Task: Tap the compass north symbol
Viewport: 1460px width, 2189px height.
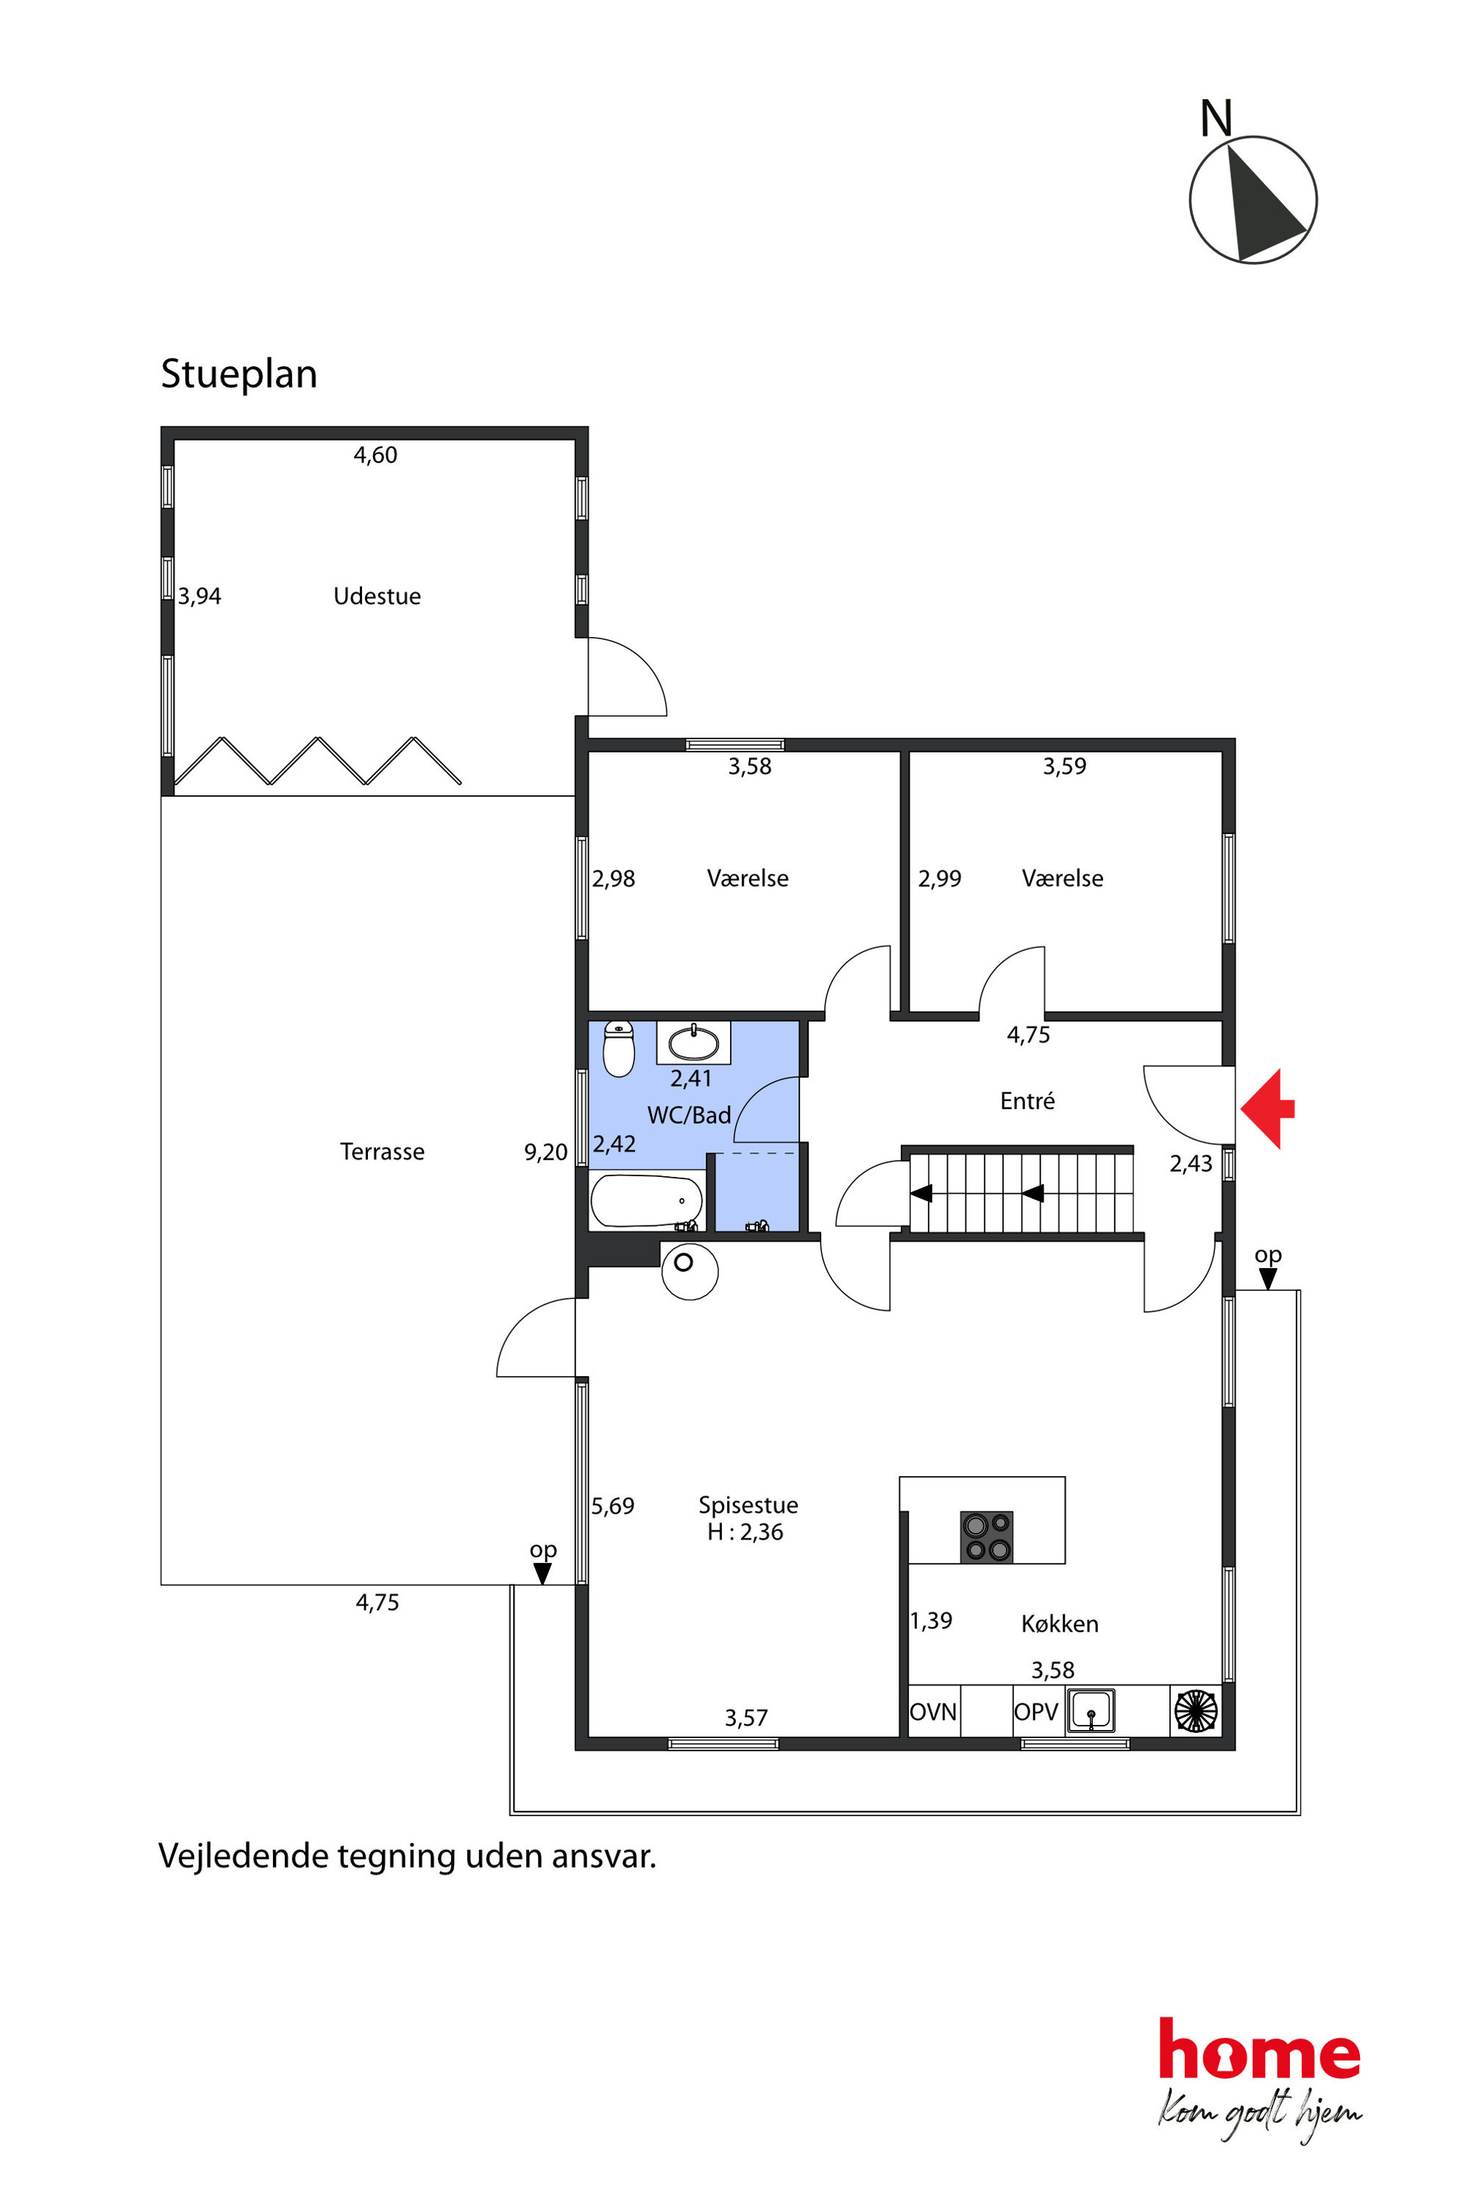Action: (1253, 199)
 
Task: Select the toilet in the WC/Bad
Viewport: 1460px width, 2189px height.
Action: (619, 1048)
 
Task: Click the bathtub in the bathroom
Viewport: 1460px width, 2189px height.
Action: (647, 1200)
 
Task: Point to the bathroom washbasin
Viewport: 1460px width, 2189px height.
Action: (694, 1042)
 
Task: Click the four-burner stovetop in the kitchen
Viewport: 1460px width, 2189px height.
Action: (987, 1537)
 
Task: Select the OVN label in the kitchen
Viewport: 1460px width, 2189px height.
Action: (933, 1712)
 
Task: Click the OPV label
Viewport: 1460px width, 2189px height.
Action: (1036, 1712)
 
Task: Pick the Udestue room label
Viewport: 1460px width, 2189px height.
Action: (377, 596)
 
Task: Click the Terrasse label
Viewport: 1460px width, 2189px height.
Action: (382, 1151)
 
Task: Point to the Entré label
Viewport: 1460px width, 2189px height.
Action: (1027, 1100)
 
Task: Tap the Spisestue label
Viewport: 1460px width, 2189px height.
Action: (748, 1505)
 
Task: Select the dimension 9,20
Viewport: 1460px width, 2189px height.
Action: (545, 1152)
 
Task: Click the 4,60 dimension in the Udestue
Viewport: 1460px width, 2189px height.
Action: (375, 455)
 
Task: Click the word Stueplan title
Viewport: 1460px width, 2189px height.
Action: (239, 374)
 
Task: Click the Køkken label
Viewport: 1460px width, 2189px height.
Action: (1060, 1624)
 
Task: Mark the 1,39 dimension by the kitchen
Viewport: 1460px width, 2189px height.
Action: (931, 1620)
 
